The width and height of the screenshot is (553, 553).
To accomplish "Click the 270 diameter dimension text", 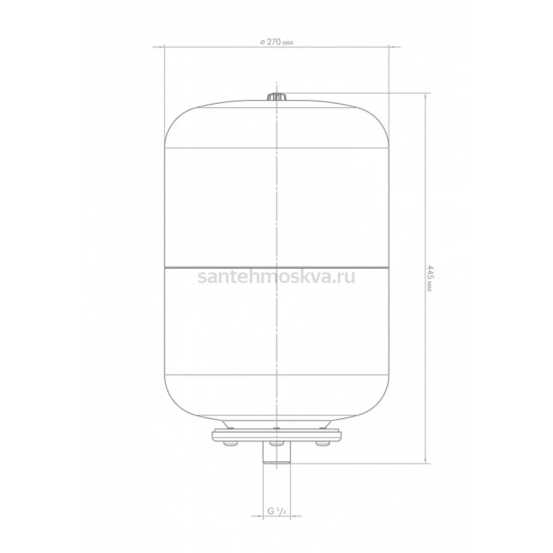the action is [276, 42].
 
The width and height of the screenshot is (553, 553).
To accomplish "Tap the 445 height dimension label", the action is [429, 278].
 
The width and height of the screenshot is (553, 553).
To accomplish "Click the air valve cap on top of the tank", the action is [276, 97].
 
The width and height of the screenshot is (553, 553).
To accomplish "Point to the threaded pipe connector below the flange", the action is [276, 456].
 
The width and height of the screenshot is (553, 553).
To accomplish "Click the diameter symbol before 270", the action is [262, 42].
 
